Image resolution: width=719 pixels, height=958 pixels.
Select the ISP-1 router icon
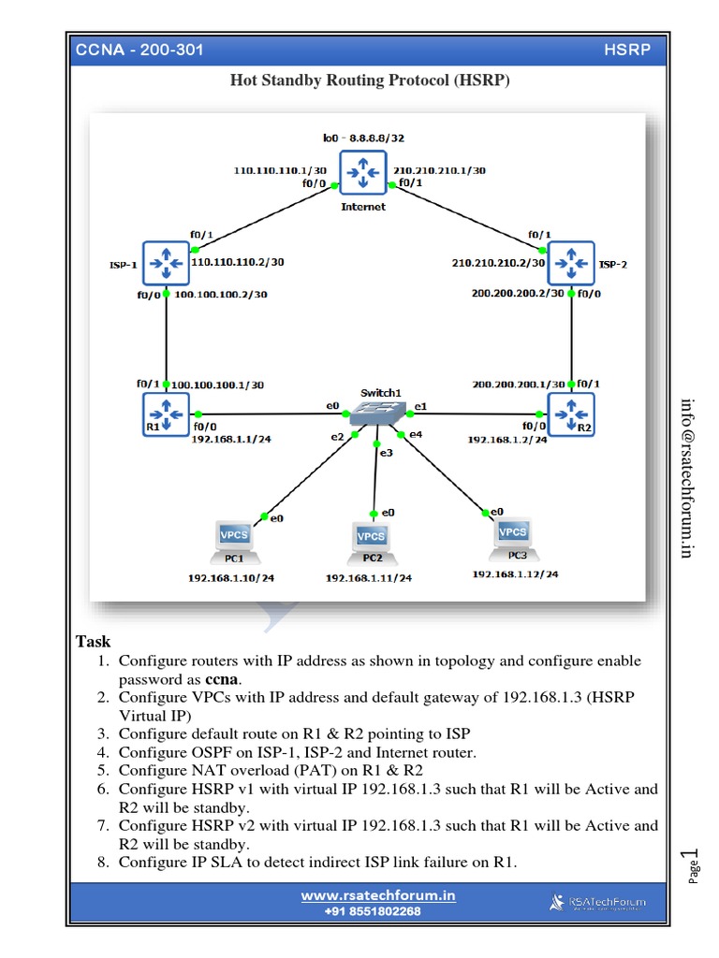(x=165, y=261)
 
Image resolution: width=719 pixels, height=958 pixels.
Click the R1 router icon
(x=165, y=414)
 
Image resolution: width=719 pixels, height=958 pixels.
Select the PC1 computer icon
(x=233, y=537)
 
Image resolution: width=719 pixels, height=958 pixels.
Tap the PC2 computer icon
(x=372, y=538)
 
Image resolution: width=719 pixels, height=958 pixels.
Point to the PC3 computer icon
(x=513, y=533)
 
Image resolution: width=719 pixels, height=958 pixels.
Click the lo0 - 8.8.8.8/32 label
(x=363, y=138)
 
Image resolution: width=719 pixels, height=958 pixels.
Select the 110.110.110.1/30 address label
(x=278, y=171)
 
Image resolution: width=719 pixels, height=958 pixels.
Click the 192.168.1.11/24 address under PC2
(x=368, y=578)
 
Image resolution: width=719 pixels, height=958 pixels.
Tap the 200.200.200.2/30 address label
(x=518, y=293)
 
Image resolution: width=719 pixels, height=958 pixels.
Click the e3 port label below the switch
(x=386, y=453)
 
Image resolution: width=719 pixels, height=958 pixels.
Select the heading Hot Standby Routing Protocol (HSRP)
(x=370, y=80)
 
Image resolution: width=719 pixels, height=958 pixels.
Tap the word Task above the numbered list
(x=93, y=642)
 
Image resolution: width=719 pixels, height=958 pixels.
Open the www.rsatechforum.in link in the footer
(x=378, y=895)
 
